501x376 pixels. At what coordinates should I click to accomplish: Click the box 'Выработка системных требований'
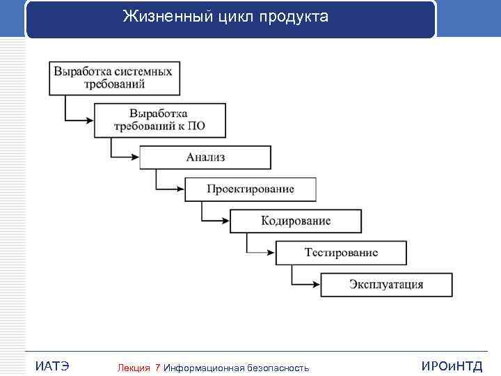click(115, 77)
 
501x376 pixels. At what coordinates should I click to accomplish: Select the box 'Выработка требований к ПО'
click(160, 120)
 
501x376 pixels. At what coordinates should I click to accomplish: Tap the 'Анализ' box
click(205, 157)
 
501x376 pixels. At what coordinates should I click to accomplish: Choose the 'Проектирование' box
click(250, 189)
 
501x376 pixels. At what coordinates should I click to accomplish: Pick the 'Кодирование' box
click(296, 221)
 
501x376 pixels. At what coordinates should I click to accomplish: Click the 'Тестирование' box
click(341, 253)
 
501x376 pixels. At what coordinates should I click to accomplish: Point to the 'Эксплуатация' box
click(386, 285)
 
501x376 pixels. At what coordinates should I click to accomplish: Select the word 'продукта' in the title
click(294, 17)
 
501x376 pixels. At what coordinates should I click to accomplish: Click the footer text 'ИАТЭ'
click(51, 366)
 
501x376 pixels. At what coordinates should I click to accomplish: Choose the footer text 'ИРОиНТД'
click(452, 366)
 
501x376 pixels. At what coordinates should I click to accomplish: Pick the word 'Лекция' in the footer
click(134, 367)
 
